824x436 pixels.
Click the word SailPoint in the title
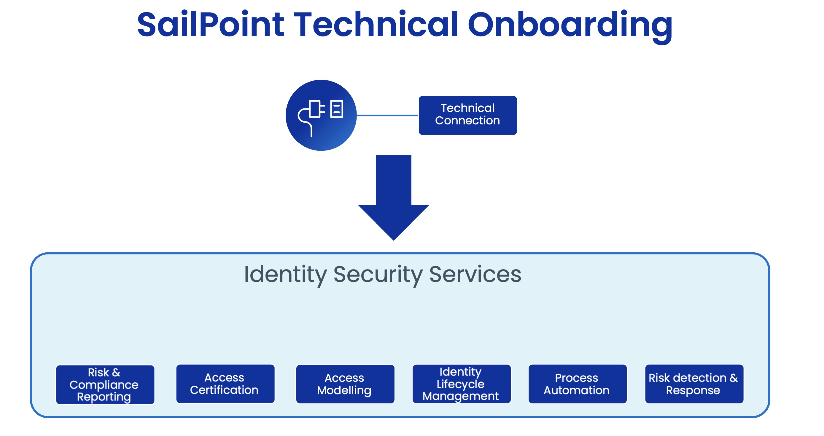(210, 25)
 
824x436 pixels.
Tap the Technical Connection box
(467, 115)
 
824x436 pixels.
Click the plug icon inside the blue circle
(312, 113)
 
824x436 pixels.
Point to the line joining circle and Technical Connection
(387, 115)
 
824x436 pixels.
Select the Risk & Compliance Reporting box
(105, 384)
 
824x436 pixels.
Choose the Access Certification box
(225, 384)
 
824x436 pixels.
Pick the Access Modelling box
(345, 384)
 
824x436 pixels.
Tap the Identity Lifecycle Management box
(461, 384)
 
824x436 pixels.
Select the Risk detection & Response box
(694, 384)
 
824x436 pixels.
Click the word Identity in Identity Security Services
(285, 275)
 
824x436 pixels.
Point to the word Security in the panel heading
(378, 275)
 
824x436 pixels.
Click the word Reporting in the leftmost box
(104, 397)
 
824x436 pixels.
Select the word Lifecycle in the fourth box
(460, 384)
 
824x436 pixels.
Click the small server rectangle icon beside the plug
(336, 109)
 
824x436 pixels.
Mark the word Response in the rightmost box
(693, 390)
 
